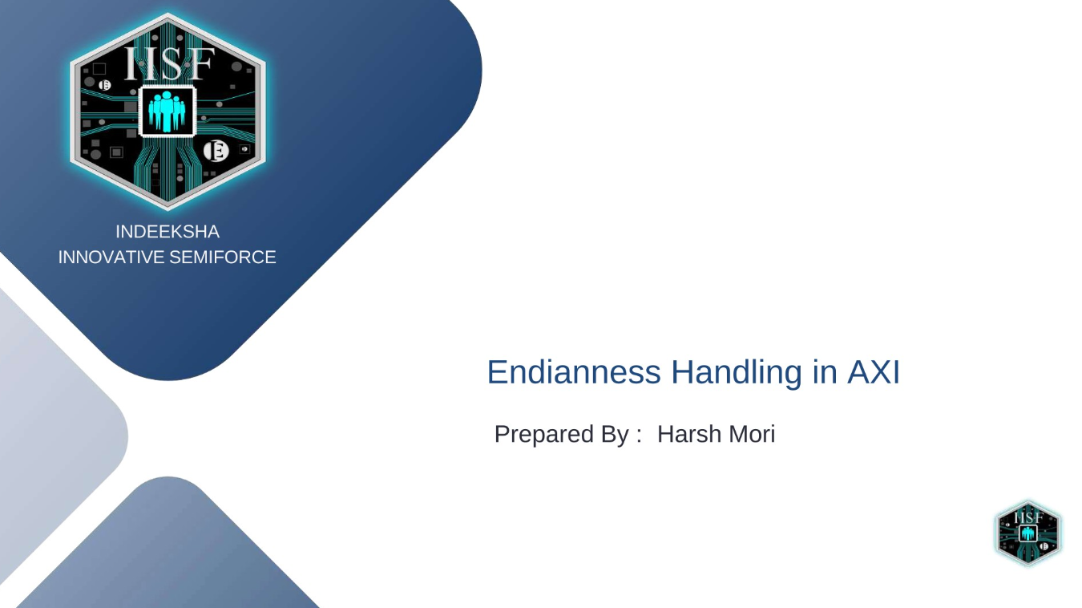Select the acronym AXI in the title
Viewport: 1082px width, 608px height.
coord(873,373)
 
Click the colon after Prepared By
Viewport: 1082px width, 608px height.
coord(639,436)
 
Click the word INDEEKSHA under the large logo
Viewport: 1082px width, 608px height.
coord(167,232)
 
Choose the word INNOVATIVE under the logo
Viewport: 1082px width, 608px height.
coord(111,257)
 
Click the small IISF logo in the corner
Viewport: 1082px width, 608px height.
coord(1028,533)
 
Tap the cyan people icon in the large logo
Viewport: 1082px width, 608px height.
coord(167,110)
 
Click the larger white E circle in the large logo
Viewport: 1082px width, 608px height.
coord(215,150)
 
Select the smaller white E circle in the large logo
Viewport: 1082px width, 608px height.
coord(104,86)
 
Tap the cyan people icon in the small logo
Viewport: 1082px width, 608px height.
coord(1028,534)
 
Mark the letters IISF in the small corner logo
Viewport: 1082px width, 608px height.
coord(1028,517)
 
